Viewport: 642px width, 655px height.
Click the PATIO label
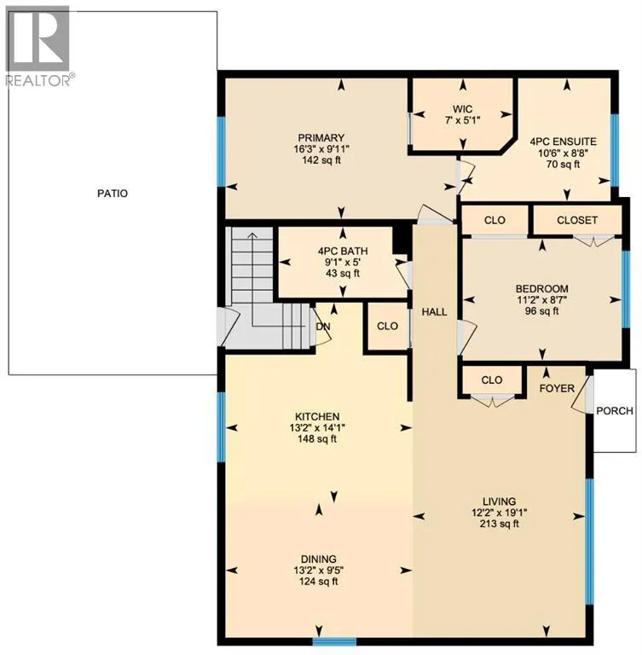[113, 194]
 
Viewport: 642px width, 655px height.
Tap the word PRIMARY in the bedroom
[321, 138]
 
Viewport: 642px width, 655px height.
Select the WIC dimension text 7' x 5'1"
[463, 121]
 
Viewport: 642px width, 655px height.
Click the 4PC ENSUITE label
[563, 142]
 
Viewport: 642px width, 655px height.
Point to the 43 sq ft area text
[343, 274]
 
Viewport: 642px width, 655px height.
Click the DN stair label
[323, 327]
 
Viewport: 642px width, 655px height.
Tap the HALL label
[435, 312]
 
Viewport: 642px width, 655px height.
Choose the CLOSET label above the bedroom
[577, 220]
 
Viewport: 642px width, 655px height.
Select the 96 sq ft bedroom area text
[541, 311]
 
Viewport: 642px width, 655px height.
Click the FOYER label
[557, 389]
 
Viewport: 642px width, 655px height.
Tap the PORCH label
[615, 411]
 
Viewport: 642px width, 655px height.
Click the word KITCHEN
[317, 416]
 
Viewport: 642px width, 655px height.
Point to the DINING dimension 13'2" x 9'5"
[319, 571]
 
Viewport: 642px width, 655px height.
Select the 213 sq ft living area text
[500, 524]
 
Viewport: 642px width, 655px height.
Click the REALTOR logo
[38, 46]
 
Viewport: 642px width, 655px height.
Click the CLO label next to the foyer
[492, 380]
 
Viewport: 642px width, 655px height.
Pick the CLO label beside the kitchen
[387, 327]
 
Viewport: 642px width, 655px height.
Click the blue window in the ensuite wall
[615, 150]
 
